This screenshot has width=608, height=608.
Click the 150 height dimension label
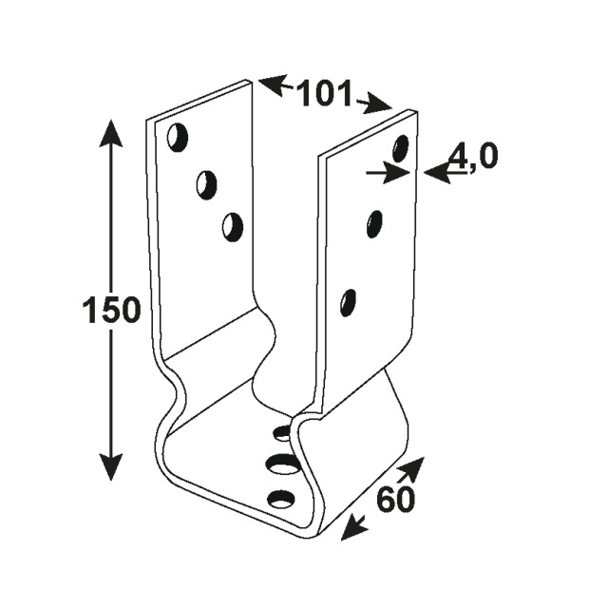point(111,310)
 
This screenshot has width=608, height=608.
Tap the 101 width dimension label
point(324,93)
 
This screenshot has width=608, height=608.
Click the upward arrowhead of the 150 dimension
point(111,134)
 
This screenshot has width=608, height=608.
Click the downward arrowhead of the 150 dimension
point(111,466)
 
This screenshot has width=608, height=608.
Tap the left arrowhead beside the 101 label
point(274,85)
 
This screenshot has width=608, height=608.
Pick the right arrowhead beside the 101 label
point(375,104)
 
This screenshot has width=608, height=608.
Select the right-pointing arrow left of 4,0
point(389,173)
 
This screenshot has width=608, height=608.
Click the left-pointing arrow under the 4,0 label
point(446,173)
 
